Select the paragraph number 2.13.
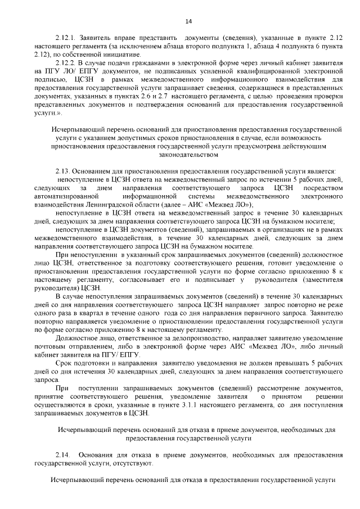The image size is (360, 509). (64, 171)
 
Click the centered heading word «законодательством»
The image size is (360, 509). (188, 153)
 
